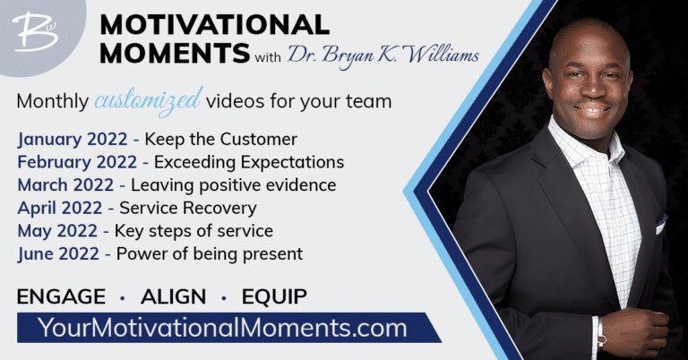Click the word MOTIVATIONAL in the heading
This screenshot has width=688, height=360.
pyautogui.click(x=215, y=24)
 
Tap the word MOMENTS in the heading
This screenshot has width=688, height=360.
pyautogui.click(x=175, y=53)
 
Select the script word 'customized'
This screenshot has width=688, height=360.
pyautogui.click(x=149, y=101)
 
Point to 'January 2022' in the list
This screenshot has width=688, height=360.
pyautogui.click(x=73, y=140)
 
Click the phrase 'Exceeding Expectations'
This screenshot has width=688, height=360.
pyautogui.click(x=249, y=163)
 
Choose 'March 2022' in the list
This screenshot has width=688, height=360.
pyautogui.click(x=65, y=185)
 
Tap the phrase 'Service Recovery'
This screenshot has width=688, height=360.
pyautogui.click(x=188, y=209)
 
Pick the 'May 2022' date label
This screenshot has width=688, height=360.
pyautogui.click(x=57, y=232)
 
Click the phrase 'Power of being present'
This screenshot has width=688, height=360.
pyautogui.click(x=210, y=254)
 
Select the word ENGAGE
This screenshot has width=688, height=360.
pyautogui.click(x=61, y=296)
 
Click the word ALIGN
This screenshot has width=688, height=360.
pyautogui.click(x=173, y=296)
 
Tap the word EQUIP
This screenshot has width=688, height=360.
pyautogui.click(x=274, y=296)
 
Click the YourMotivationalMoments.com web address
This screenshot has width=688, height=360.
pyautogui.click(x=222, y=328)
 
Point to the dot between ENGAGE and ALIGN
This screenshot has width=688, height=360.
pyautogui.click(x=123, y=298)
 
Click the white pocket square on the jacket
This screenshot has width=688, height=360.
pyautogui.click(x=661, y=225)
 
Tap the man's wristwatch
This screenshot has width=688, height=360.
pyautogui.click(x=600, y=333)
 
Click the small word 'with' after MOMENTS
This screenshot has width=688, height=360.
pyautogui.click(x=268, y=57)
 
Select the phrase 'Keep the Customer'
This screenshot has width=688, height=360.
pyautogui.click(x=220, y=140)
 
